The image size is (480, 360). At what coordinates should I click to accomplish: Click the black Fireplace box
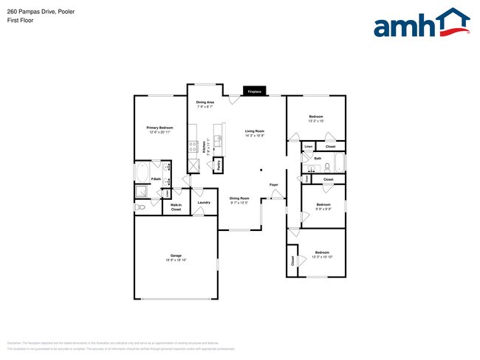pyautogui.click(x=254, y=91)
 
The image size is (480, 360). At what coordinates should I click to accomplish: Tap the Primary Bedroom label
pyautogui.click(x=160, y=128)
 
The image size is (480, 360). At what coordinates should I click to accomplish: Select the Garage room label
pyautogui.click(x=176, y=256)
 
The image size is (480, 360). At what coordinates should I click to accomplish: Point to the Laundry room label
pyautogui.click(x=205, y=202)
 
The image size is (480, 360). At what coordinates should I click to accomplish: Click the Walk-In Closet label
pyautogui.click(x=176, y=207)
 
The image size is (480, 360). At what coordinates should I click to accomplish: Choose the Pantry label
pyautogui.click(x=219, y=165)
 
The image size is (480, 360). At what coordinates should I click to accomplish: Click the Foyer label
pyautogui.click(x=273, y=184)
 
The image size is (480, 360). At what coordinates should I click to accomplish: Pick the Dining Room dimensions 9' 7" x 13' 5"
pyautogui.click(x=239, y=202)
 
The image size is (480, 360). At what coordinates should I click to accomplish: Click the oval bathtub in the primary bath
pyautogui.click(x=141, y=174)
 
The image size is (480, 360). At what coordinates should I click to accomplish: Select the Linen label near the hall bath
pyautogui.click(x=308, y=147)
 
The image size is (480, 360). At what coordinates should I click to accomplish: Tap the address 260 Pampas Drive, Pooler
pyautogui.click(x=41, y=12)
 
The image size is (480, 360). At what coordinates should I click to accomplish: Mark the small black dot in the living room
pyautogui.click(x=261, y=169)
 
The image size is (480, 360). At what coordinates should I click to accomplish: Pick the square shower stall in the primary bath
pyautogui.click(x=141, y=193)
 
